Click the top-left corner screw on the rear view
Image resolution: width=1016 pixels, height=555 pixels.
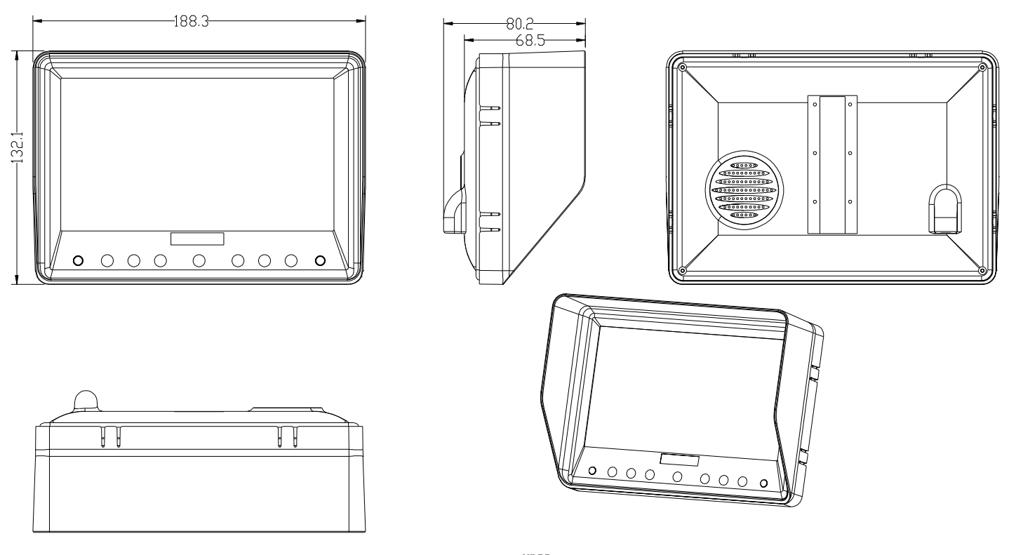(682, 67)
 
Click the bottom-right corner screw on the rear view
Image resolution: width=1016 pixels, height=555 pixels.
(982, 271)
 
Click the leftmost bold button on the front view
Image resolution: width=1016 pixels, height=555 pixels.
(78, 260)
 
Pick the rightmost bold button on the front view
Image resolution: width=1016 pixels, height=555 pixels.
(321, 260)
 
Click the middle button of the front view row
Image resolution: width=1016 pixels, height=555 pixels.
(199, 260)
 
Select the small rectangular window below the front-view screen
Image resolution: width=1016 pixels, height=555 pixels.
(197, 239)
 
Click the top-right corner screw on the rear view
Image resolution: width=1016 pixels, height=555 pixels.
(982, 67)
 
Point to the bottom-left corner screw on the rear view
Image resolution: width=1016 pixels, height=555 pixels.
(682, 271)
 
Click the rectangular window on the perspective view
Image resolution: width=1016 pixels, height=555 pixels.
(679, 460)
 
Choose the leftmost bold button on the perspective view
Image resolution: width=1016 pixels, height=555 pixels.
(592, 470)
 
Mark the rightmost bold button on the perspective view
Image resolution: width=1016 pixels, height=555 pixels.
(763, 483)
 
